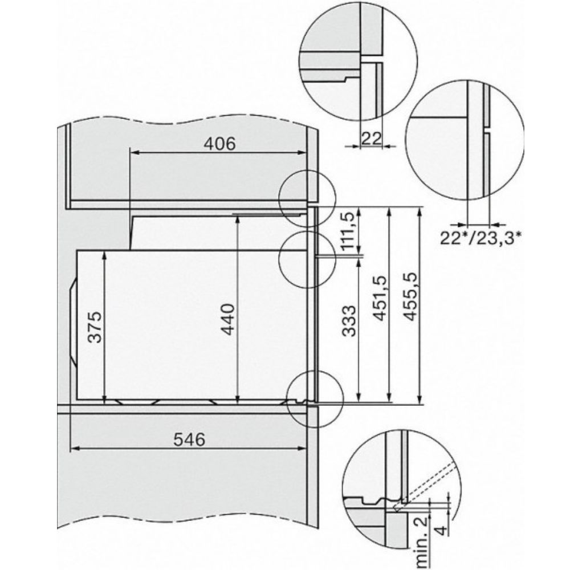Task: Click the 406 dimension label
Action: pyautogui.click(x=219, y=144)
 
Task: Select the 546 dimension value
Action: pyautogui.click(x=189, y=440)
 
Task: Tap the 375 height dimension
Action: pyautogui.click(x=95, y=327)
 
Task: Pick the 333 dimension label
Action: pyautogui.click(x=349, y=321)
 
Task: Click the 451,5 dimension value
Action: pyautogui.click(x=380, y=298)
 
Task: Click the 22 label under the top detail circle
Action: pyautogui.click(x=371, y=139)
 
